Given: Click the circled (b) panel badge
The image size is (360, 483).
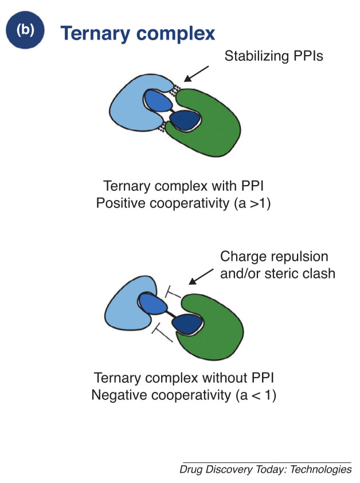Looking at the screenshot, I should coord(25,31).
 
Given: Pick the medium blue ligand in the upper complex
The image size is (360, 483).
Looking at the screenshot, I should coord(159,102).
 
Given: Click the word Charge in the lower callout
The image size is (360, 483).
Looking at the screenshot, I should coord(240,257).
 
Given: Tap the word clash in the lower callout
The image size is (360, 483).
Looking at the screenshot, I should coord(319,273).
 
